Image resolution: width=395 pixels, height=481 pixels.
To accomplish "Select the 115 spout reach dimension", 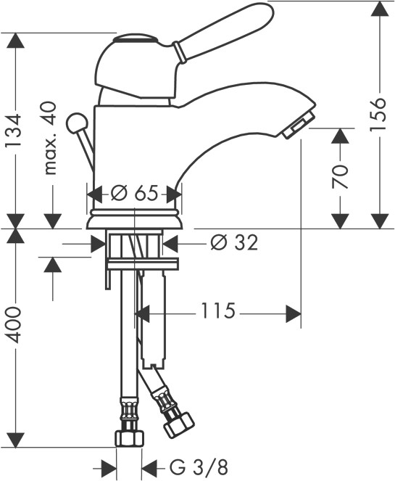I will coord(217,312).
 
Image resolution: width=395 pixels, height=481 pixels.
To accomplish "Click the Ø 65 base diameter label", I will coord(135,194).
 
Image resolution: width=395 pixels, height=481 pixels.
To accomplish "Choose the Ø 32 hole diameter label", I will coord(234,243).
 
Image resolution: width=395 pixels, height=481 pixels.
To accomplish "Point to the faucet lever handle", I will coord(225,33).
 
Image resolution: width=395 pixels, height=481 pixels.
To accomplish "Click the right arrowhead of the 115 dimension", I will coord(292,313).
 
